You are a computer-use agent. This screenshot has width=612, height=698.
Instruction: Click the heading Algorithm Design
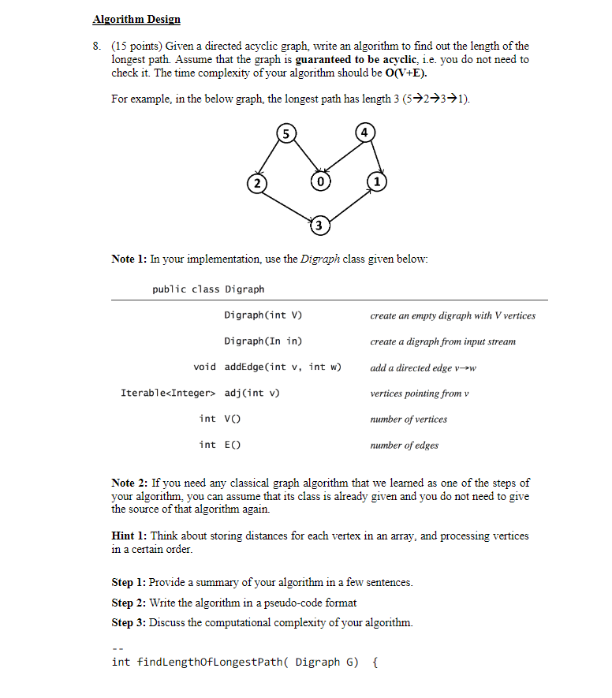136,19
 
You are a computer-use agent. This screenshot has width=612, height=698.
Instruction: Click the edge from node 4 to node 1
372,157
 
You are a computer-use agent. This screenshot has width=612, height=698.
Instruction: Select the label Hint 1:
129,536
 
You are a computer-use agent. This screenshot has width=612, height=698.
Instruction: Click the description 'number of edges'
404,445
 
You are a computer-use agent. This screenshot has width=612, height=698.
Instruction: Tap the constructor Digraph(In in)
263,341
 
